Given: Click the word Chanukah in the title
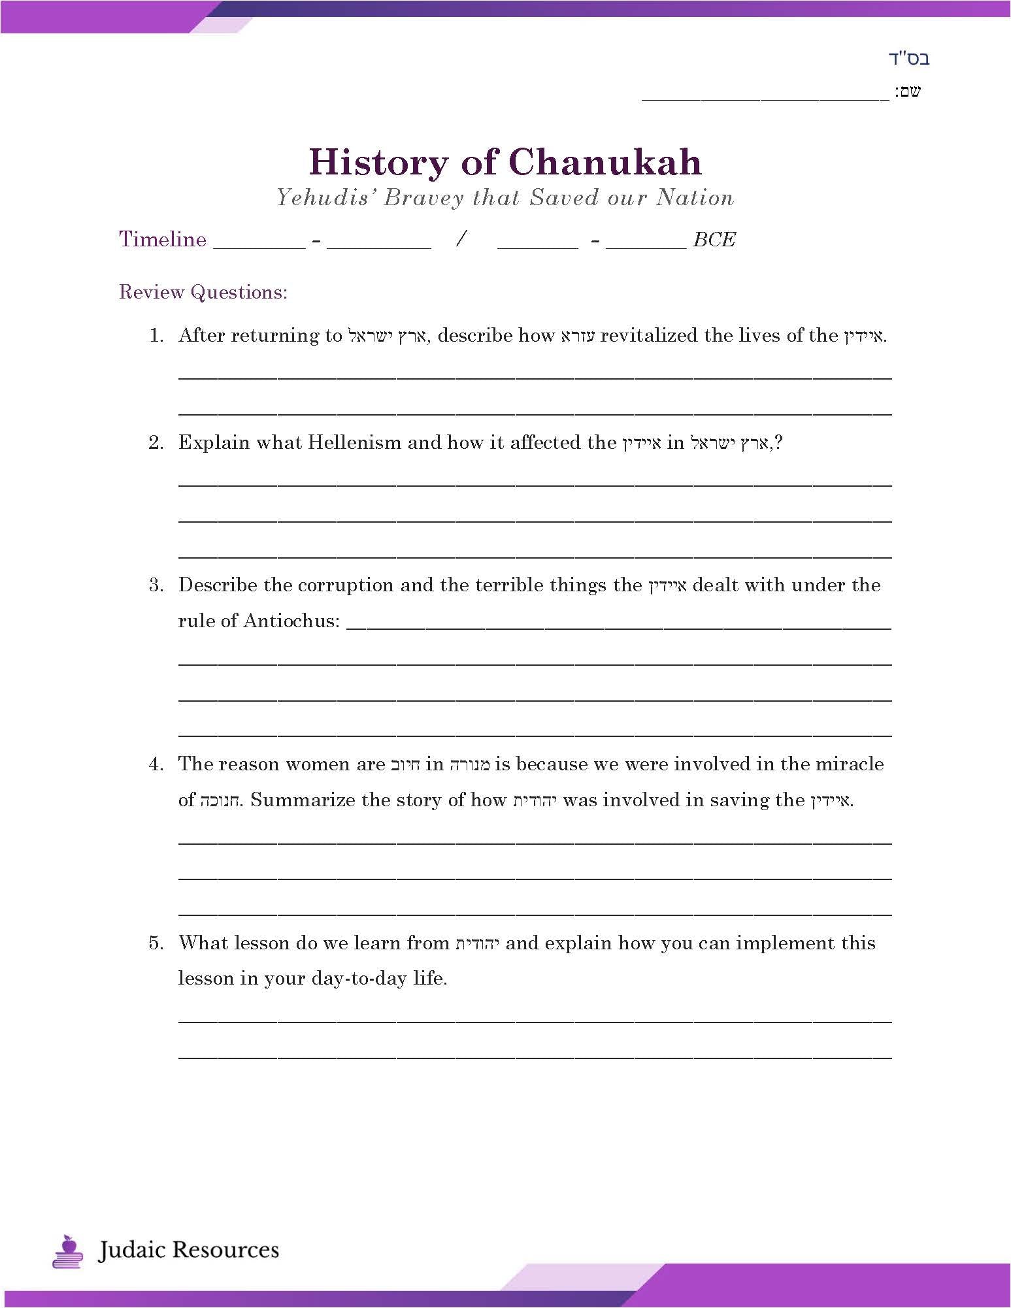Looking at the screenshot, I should [605, 162].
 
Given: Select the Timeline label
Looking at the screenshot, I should [163, 239].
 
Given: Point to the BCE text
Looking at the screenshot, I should [714, 240].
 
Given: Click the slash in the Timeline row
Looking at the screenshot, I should [461, 239].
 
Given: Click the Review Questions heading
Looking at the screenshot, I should [203, 292].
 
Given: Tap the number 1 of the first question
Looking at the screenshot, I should [156, 336].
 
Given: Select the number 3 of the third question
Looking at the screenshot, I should [156, 585].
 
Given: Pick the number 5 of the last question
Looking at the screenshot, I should [156, 943].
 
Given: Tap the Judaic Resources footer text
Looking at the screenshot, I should [188, 1251].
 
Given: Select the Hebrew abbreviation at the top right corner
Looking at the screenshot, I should [909, 59].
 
